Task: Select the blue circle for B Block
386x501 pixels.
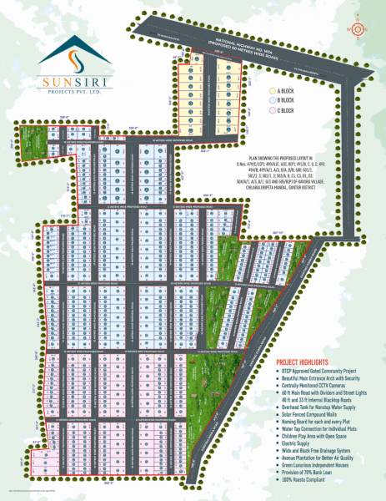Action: (271, 100)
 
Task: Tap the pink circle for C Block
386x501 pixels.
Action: (271, 110)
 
